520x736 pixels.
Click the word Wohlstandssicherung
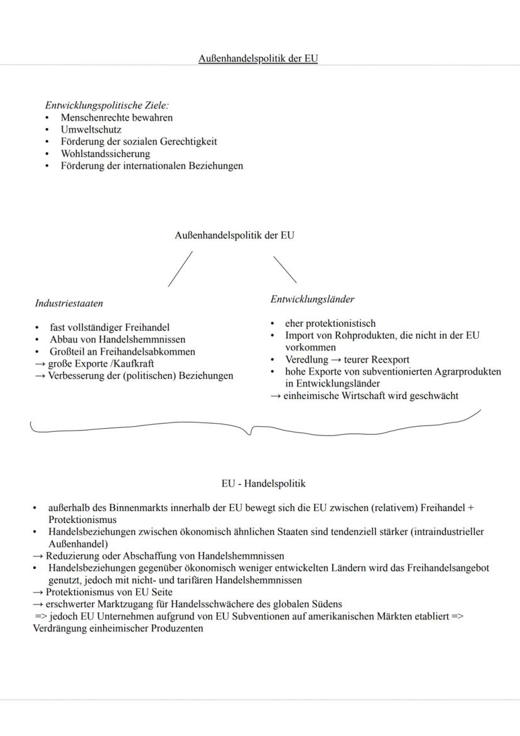click(x=105, y=154)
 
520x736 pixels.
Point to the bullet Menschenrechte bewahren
click(x=116, y=118)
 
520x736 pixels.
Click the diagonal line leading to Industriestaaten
click(x=180, y=269)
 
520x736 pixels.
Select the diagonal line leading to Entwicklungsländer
click(x=284, y=269)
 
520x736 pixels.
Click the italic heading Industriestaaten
click(x=69, y=303)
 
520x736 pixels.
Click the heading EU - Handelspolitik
click(x=259, y=484)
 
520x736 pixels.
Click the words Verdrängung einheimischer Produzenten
click(x=117, y=628)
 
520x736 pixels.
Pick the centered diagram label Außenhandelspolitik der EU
click(x=234, y=236)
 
